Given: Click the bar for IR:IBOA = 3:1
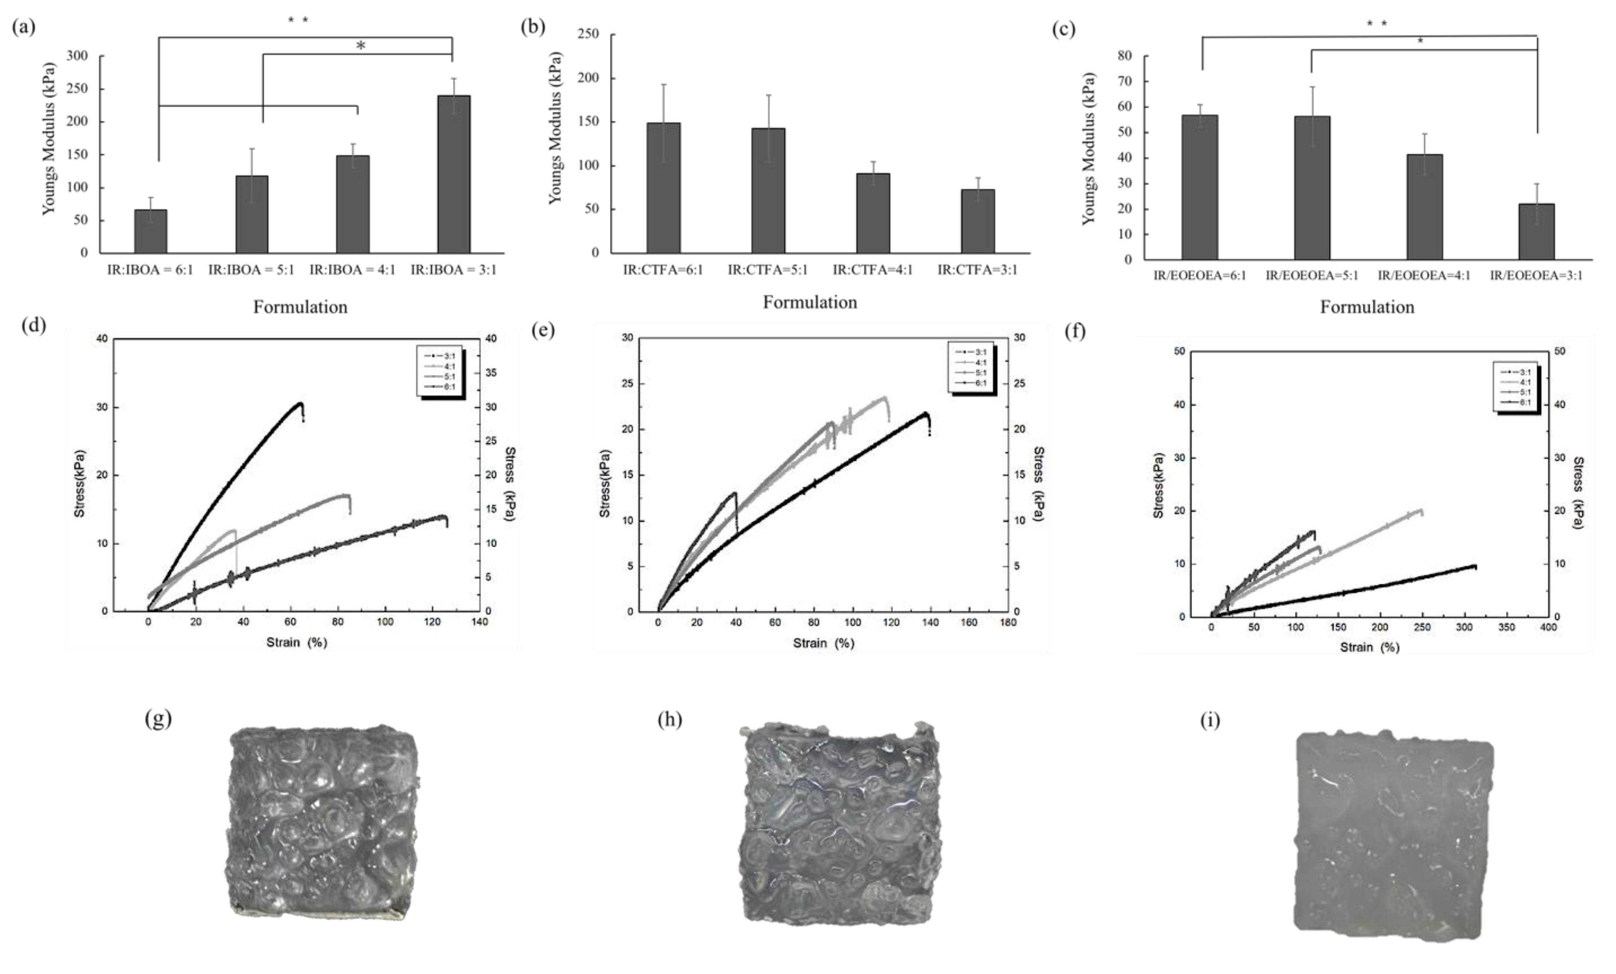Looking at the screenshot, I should [454, 174].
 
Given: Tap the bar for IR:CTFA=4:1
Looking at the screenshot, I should [873, 213].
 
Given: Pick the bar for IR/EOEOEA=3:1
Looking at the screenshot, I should [1536, 232].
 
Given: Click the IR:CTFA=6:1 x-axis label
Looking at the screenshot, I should [663, 270].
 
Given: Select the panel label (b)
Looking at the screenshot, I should [532, 27].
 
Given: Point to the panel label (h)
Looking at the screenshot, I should [670, 720].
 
